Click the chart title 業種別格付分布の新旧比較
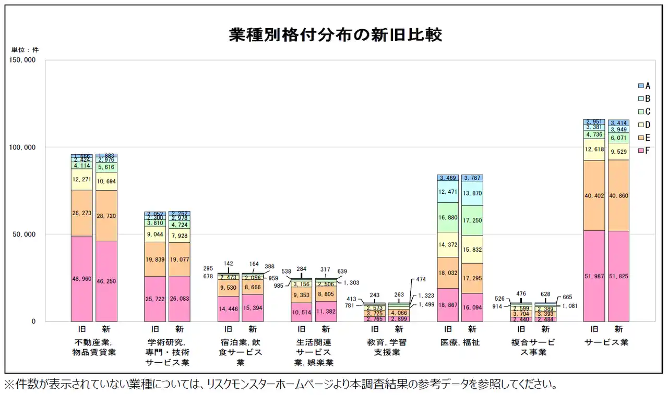pyautogui.click(x=336, y=35)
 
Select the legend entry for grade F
pyautogui.click(x=644, y=151)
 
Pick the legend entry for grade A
pyautogui.click(x=644, y=85)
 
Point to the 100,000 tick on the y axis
pyautogui.click(x=23, y=147)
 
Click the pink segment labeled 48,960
pyautogui.click(x=81, y=279)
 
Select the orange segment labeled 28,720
pyautogui.click(x=106, y=216)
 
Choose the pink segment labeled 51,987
pyautogui.click(x=594, y=276)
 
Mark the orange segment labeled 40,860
pyautogui.click(x=618, y=195)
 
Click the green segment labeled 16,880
pyautogui.click(x=448, y=217)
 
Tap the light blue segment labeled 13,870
pyautogui.click(x=472, y=193)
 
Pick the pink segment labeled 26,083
pyautogui.click(x=180, y=299)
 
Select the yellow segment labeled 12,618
pyautogui.click(x=594, y=150)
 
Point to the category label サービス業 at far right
pyautogui.click(x=606, y=343)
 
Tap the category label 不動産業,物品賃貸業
pyautogui.click(x=94, y=348)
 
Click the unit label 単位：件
pyautogui.click(x=25, y=50)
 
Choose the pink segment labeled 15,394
pyautogui.click(x=253, y=308)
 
